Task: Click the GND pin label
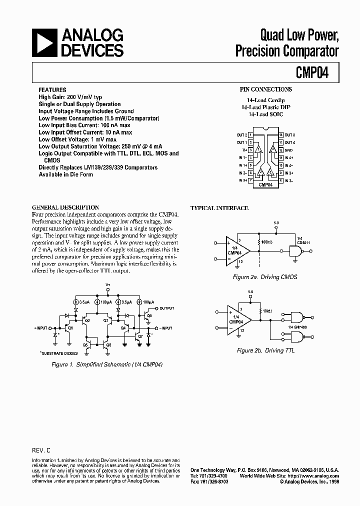[x=289, y=150]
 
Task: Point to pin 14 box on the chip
[x=281, y=135]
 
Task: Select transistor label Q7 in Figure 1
[x=140, y=336]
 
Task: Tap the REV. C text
[x=42, y=450]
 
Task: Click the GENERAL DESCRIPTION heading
[x=65, y=207]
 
